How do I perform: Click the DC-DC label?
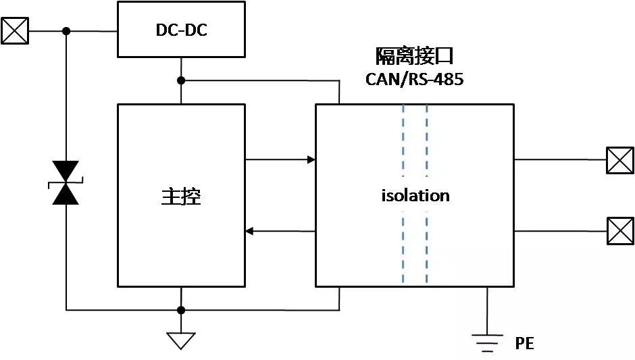point(180,29)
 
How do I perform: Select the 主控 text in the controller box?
point(181,196)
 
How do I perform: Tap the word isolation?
point(415,196)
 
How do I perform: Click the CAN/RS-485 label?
point(415,79)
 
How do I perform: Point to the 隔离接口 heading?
point(415,56)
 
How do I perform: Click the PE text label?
point(524,343)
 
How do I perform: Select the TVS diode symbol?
point(66,182)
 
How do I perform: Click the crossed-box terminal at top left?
point(15,31)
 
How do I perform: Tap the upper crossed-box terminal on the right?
point(619,160)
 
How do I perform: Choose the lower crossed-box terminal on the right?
point(619,231)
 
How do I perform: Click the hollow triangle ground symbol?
point(180,340)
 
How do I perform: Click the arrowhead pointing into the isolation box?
point(311,160)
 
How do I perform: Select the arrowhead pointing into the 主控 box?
point(249,232)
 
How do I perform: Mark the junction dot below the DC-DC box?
point(180,81)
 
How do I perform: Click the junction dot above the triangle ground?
point(180,310)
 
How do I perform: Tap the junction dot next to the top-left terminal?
point(66,31)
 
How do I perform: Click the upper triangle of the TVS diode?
point(66,171)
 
